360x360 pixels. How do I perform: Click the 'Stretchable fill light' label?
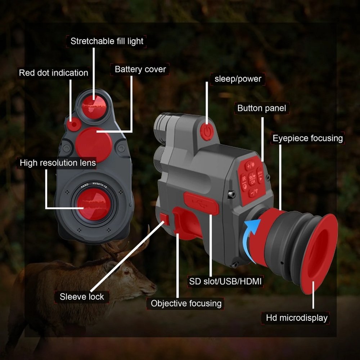(x=107, y=41)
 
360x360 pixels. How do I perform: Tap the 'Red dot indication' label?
(x=54, y=73)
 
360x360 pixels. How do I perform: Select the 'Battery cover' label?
(x=140, y=69)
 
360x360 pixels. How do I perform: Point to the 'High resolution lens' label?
(x=58, y=163)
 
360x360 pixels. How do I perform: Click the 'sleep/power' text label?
(x=238, y=79)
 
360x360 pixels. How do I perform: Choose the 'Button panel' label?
(x=262, y=108)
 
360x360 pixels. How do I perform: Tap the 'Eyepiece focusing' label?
(x=307, y=138)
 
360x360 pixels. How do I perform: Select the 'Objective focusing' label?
(x=186, y=303)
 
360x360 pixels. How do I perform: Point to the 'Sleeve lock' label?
(x=82, y=297)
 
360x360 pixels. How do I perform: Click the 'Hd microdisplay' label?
(x=297, y=318)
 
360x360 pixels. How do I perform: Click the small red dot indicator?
(x=74, y=125)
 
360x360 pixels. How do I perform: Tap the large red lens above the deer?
(x=95, y=204)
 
